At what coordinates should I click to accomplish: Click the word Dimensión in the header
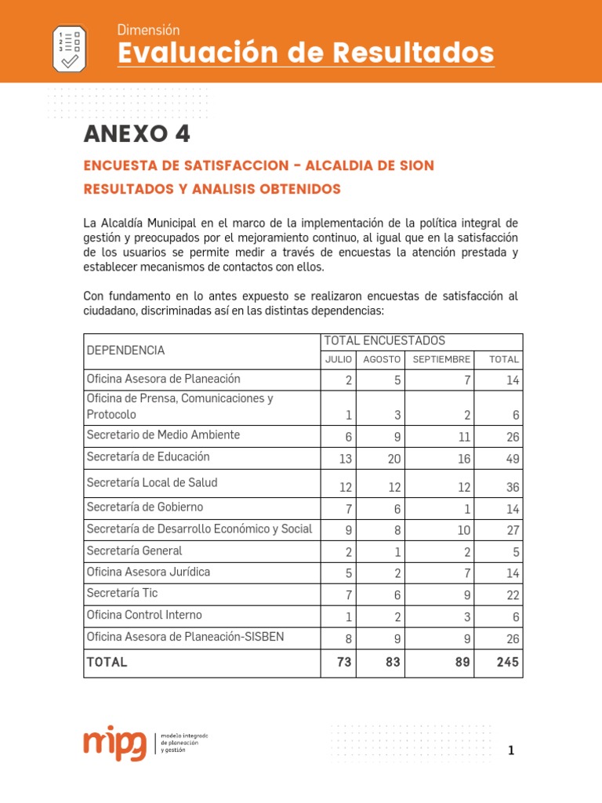(148, 30)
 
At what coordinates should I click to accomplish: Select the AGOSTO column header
(382, 359)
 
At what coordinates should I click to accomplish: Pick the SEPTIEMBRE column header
(441, 359)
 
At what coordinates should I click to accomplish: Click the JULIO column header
(338, 359)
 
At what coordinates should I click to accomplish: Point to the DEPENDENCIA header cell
(125, 350)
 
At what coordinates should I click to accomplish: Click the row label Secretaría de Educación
(148, 456)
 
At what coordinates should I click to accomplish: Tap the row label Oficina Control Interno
(144, 615)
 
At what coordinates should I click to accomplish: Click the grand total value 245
(507, 662)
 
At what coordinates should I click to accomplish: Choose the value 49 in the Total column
(513, 458)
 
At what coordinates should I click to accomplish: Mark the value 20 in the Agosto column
(393, 458)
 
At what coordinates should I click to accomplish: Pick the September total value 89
(462, 662)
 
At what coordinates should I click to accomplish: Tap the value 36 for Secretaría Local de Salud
(513, 487)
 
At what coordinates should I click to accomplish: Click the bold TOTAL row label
(107, 662)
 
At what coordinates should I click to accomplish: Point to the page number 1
(511, 751)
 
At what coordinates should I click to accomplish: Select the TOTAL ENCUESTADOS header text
(384, 340)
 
